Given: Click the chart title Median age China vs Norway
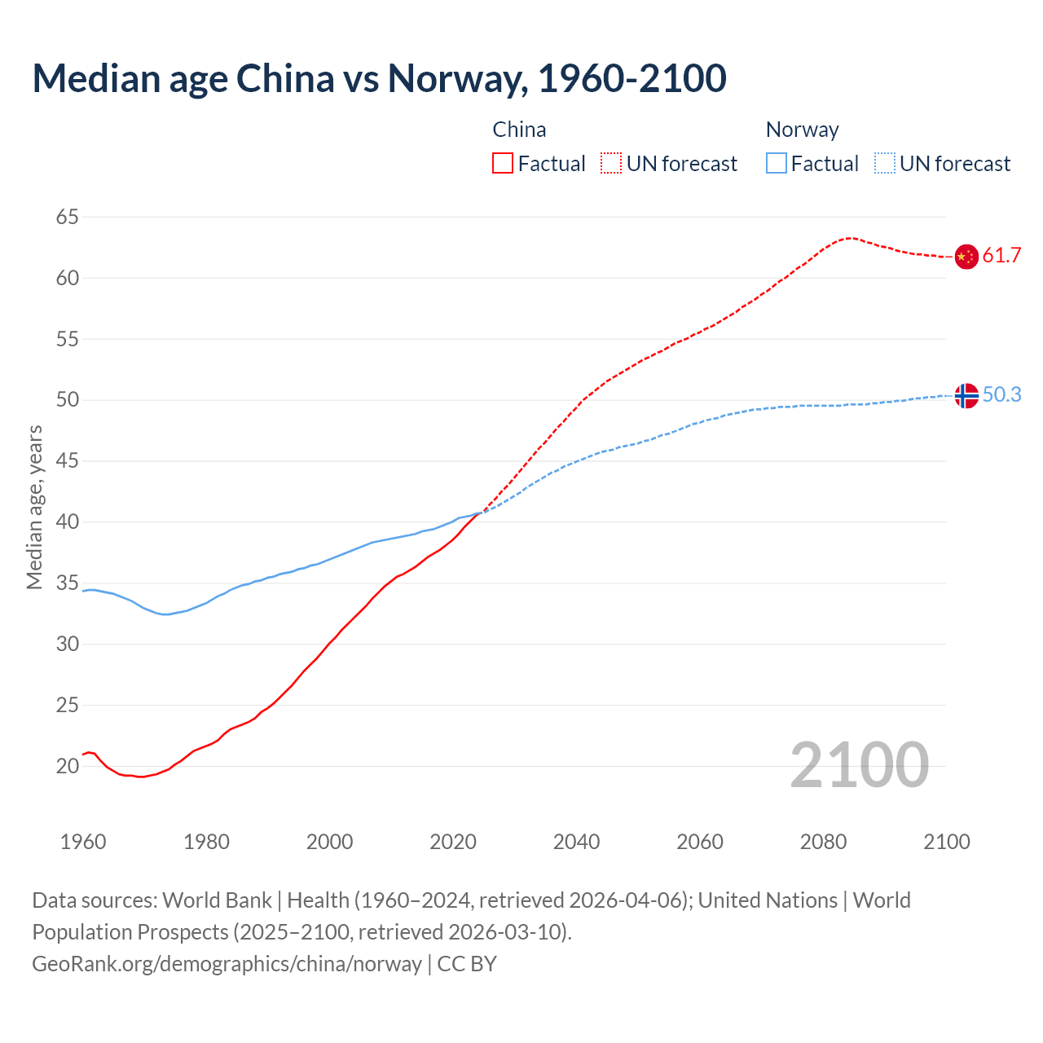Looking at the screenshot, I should pyautogui.click(x=379, y=79).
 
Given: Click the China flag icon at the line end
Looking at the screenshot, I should pyautogui.click(x=966, y=256).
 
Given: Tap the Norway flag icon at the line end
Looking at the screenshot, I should pyautogui.click(x=966, y=395).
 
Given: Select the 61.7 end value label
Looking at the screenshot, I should pyautogui.click(x=1001, y=256).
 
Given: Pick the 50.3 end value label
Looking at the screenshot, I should pyautogui.click(x=1001, y=395).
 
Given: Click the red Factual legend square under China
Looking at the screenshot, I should pyautogui.click(x=503, y=164).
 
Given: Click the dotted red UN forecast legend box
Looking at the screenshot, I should pyautogui.click(x=611, y=164).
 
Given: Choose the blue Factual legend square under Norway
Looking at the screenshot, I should pyautogui.click(x=777, y=164).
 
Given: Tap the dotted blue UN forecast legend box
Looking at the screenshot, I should pyautogui.click(x=885, y=164).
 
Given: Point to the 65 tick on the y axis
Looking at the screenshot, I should pyautogui.click(x=68, y=217).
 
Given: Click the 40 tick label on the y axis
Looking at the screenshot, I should pyautogui.click(x=68, y=521).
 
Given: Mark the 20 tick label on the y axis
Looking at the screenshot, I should pyautogui.click(x=68, y=766).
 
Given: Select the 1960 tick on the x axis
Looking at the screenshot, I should pyautogui.click(x=83, y=842).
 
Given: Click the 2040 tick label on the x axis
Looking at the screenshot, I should pyautogui.click(x=576, y=842).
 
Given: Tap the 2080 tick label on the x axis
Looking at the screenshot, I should pyautogui.click(x=823, y=842).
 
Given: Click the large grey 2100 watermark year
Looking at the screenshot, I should pyautogui.click(x=859, y=765).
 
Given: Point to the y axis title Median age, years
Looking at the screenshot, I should pyautogui.click(x=34, y=507).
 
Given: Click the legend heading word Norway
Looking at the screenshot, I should pyautogui.click(x=802, y=130).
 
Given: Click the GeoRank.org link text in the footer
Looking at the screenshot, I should pyautogui.click(x=227, y=964).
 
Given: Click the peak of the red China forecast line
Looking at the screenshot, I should pyautogui.click(x=850, y=238).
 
